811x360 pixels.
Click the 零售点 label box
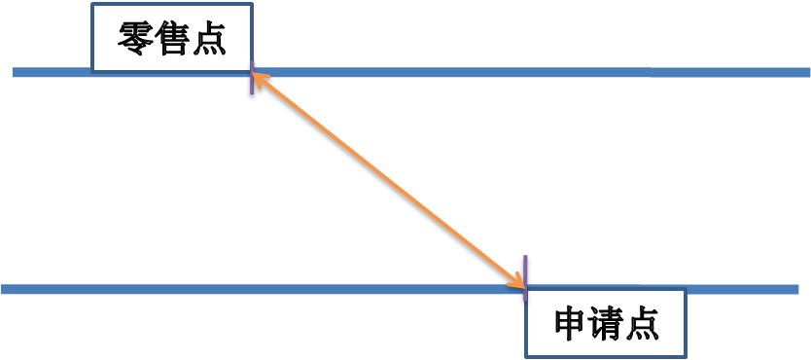[x=172, y=38]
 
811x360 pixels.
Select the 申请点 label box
[x=606, y=323]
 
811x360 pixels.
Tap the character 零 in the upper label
[x=136, y=39]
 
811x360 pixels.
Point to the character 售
[x=173, y=39]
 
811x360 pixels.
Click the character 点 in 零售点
[x=209, y=39]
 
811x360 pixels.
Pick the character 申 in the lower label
[x=570, y=324]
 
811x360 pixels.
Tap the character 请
[x=606, y=324]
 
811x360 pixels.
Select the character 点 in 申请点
[x=642, y=324]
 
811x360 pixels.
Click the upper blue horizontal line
[x=535, y=73]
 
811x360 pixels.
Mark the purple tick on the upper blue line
[x=253, y=83]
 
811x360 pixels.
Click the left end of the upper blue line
[x=16, y=73]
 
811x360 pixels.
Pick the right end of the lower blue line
[x=796, y=289]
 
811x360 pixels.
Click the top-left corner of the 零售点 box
[x=92, y=4]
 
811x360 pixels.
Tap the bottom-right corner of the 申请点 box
[x=686, y=357]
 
